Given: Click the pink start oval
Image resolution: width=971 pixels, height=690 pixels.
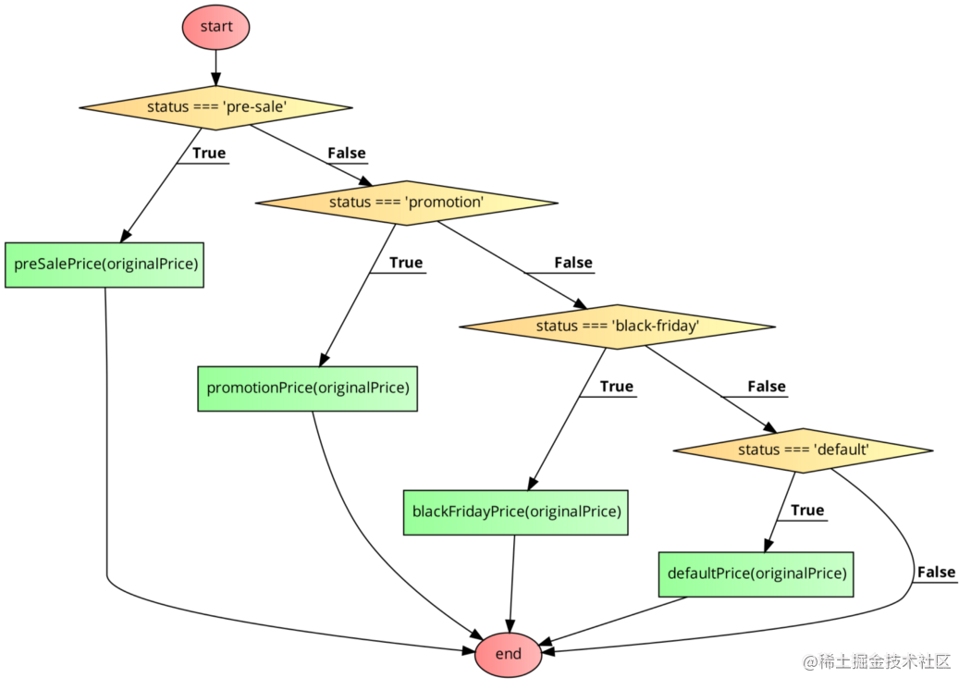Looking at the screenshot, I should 215,27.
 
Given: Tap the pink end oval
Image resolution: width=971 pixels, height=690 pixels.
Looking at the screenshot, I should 508,655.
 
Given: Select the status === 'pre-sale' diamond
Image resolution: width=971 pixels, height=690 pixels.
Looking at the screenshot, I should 215,107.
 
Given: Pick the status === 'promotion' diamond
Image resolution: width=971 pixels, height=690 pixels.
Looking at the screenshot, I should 406,203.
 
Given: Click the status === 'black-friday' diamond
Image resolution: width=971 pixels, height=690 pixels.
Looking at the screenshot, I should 617,327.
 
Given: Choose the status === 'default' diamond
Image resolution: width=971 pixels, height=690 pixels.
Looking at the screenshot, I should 803,450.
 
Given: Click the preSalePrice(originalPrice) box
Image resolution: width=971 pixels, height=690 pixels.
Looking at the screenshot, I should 104,265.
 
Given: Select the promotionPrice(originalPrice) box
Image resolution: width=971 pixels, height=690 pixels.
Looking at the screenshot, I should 307,388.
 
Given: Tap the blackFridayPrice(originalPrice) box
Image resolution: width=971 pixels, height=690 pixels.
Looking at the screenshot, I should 515,512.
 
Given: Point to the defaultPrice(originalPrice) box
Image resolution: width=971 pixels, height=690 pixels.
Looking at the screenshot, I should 756,574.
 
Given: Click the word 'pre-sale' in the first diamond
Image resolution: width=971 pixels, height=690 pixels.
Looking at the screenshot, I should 254,107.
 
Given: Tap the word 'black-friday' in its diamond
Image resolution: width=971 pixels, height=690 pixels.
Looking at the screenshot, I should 657,327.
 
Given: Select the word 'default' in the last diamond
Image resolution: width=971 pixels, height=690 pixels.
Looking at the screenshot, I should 841,450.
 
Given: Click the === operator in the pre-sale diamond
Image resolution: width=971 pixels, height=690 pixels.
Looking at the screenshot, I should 205,107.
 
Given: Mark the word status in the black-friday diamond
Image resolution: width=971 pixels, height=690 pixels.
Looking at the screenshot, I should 557,327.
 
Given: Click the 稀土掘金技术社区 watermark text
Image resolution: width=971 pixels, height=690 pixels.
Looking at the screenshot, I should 875,659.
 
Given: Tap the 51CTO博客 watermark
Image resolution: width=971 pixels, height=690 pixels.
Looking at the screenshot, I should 921,674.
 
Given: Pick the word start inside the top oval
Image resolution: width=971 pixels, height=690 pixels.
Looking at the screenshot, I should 215,27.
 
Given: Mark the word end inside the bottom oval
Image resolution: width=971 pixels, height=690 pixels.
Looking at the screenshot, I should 508,655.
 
